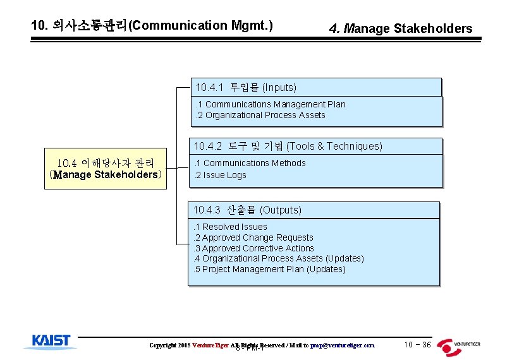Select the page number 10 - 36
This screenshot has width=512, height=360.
tap(417, 345)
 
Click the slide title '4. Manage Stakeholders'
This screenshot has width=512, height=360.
tap(401, 28)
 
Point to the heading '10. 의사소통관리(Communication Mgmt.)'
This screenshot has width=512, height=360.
tap(152, 26)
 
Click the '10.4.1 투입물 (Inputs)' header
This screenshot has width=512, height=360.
tap(246, 87)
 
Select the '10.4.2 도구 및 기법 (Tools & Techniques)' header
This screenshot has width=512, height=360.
tap(288, 147)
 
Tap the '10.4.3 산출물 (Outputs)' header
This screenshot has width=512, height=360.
tap(247, 210)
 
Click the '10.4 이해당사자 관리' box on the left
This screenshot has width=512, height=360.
tap(106, 169)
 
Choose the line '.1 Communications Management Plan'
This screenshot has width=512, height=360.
tap(270, 104)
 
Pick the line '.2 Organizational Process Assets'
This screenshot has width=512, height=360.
tap(260, 115)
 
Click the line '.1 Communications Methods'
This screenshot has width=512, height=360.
tap(250, 163)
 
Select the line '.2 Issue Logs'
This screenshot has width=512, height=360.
tap(220, 175)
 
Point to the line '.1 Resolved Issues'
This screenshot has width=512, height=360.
tap(230, 227)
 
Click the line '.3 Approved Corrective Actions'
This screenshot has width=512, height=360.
tap(253, 248)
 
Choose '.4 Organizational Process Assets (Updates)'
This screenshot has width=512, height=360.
tap(278, 258)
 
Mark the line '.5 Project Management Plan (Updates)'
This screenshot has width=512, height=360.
tap(269, 269)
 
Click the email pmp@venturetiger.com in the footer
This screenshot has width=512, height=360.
tap(343, 345)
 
